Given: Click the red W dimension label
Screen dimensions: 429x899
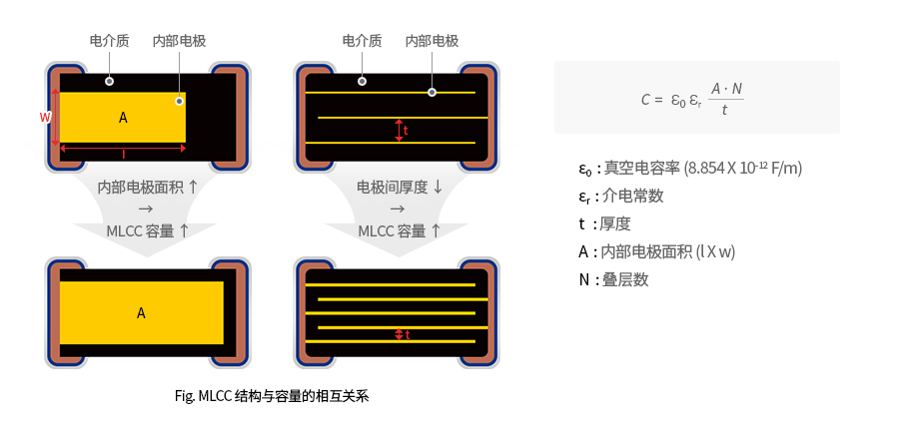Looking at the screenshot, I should click(45, 117).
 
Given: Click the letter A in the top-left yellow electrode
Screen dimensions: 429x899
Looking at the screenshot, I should click(123, 118).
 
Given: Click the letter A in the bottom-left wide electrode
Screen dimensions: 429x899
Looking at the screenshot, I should click(141, 312).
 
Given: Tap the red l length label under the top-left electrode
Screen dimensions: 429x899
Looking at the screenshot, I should click(124, 155).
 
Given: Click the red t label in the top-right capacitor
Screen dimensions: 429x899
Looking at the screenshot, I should click(406, 130).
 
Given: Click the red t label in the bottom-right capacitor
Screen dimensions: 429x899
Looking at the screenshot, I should click(408, 335).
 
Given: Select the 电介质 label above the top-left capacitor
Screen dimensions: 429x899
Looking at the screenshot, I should click(110, 41).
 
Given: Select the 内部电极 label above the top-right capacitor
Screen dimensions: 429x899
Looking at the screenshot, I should click(432, 41).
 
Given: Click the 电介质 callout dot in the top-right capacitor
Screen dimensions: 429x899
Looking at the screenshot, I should click(362, 81).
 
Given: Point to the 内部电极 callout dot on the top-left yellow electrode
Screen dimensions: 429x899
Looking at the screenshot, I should click(179, 101).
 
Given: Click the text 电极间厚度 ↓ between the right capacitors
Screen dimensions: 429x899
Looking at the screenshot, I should click(399, 187).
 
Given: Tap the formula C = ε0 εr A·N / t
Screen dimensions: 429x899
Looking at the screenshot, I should click(693, 99).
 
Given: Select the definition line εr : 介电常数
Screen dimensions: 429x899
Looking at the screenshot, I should click(620, 196).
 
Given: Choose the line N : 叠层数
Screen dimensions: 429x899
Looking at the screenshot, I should click(613, 279).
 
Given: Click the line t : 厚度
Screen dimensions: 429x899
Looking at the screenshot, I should click(604, 223).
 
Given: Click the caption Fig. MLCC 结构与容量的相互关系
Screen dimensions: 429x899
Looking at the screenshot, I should click(272, 396).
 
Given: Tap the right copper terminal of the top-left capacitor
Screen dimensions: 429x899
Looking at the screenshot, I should click(229, 114).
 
